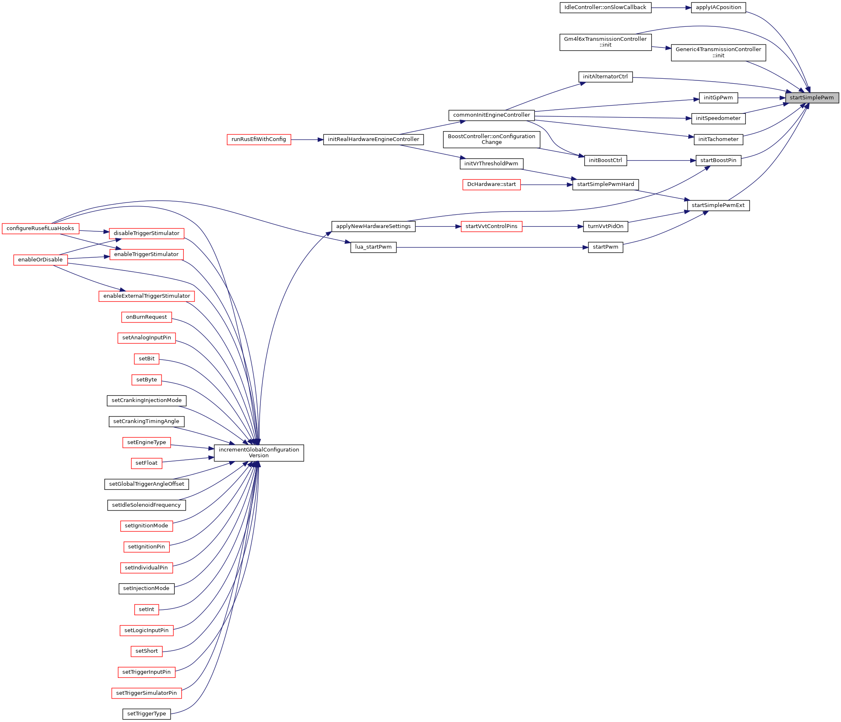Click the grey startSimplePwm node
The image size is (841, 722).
[812, 98]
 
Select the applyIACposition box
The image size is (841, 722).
[718, 7]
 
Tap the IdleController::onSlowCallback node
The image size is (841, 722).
[605, 7]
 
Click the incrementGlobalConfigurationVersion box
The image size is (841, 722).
[259, 453]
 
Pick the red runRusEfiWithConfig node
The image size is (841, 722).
[259, 139]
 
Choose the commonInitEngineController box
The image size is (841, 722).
[491, 115]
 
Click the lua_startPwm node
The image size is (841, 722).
[373, 247]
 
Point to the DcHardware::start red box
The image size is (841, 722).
[491, 184]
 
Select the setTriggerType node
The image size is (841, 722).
[146, 714]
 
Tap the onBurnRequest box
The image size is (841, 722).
[146, 317]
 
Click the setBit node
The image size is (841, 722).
[146, 359]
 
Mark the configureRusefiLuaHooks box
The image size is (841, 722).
[40, 228]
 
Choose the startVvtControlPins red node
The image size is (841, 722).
[491, 226]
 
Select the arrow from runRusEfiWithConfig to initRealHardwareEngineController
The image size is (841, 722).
[307, 140]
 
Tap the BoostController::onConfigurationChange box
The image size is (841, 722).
[491, 139]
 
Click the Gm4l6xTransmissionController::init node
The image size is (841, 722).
[605, 42]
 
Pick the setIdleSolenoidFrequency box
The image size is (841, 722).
[146, 505]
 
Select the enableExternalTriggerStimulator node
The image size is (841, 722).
[146, 296]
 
